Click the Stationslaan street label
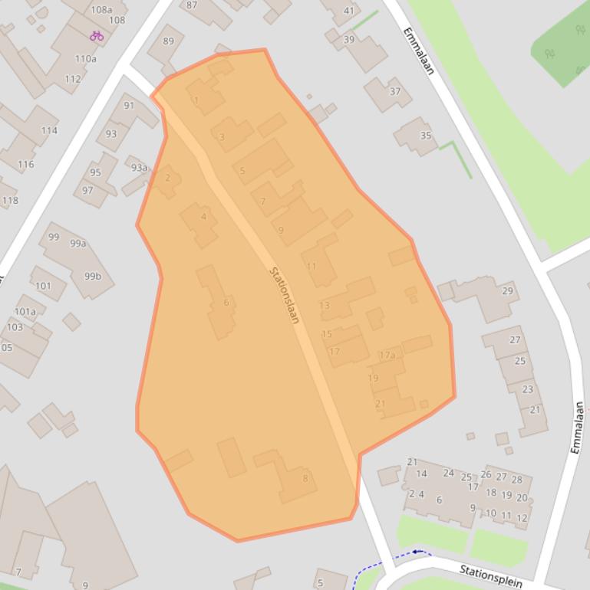click(x=284, y=295)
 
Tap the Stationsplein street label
click(x=490, y=576)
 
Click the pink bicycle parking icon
click(x=96, y=35)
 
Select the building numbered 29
click(x=507, y=291)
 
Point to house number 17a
click(x=387, y=355)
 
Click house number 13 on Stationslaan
click(x=324, y=305)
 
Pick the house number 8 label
click(x=305, y=479)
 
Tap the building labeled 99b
click(x=93, y=276)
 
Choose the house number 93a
click(x=139, y=168)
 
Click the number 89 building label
click(x=168, y=41)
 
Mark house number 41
click(x=349, y=11)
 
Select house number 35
click(x=426, y=136)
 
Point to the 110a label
click(x=86, y=59)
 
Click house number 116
click(x=26, y=164)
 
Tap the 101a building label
click(x=25, y=312)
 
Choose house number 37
click(x=395, y=91)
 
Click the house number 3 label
click(x=222, y=138)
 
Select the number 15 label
click(x=327, y=334)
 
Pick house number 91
click(x=129, y=106)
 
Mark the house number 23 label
click(x=527, y=389)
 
